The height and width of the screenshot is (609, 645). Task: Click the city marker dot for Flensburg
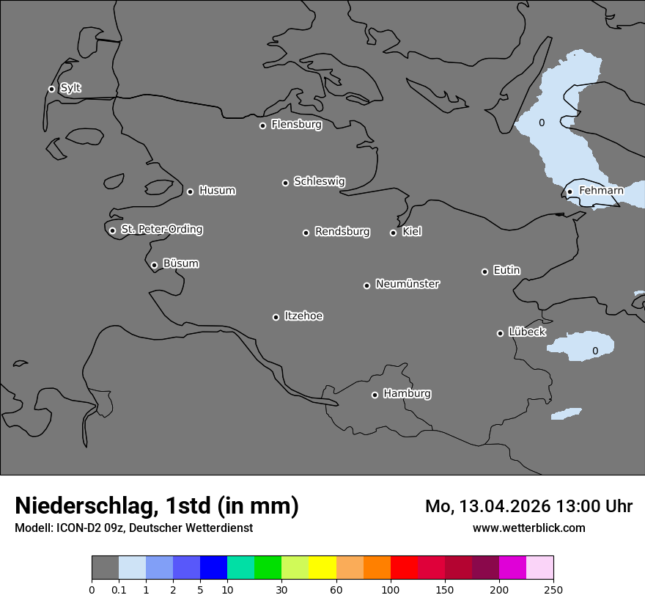[262, 125]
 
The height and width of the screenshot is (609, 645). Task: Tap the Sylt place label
[70, 88]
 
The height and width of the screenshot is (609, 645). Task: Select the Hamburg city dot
[375, 395]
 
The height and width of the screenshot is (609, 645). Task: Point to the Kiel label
[412, 232]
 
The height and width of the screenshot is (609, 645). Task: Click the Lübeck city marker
[500, 333]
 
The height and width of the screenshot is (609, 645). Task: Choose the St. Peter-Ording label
[161, 230]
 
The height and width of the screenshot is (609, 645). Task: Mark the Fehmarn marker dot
[570, 192]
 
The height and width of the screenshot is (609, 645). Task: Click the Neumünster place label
[408, 284]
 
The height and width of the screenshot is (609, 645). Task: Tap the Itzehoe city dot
[276, 317]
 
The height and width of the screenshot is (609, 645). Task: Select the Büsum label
[180, 263]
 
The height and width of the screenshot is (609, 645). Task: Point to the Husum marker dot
[190, 192]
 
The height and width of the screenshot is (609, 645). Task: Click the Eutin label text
[506, 271]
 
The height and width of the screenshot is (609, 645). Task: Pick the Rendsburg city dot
[306, 233]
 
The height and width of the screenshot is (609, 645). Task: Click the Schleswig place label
[319, 181]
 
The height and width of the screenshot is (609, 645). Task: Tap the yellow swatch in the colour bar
[322, 568]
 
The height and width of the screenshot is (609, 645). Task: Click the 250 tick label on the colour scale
[553, 589]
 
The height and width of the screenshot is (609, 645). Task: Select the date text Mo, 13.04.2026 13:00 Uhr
[528, 506]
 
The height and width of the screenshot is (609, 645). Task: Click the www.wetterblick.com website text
[528, 528]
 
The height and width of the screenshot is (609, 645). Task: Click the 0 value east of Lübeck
[594, 351]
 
